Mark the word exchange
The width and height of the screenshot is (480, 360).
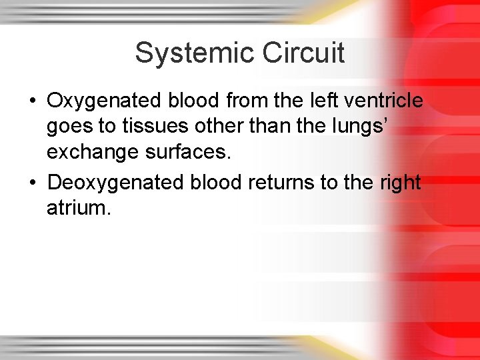click(x=87, y=153)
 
